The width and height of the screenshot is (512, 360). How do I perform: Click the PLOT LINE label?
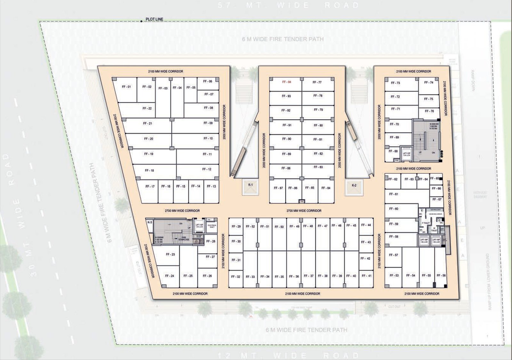tap(154, 19)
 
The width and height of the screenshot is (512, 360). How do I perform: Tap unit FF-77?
tap(317, 84)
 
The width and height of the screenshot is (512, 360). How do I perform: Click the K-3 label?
tap(150, 222)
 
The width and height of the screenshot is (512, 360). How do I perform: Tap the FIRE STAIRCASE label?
tap(184, 238)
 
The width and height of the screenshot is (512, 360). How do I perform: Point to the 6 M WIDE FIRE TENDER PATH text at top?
tap(283, 39)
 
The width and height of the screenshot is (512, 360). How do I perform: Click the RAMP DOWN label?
tap(472, 81)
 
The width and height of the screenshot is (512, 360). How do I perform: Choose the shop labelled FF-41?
tap(366, 276)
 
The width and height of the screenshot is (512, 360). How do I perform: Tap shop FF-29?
tap(236, 227)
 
